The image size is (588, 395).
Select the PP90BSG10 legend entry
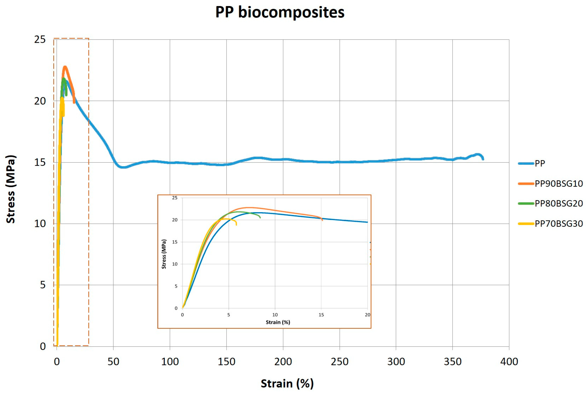tap(558, 183)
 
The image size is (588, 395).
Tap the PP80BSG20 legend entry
tap(558, 203)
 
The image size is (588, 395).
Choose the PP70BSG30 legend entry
tap(558, 223)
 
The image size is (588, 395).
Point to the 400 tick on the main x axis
tap(509, 362)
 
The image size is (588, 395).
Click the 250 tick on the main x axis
tap(339, 362)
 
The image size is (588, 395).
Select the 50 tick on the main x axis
tap(113, 362)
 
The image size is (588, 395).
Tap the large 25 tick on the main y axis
tap(40, 40)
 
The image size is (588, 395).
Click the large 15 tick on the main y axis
tap(40, 162)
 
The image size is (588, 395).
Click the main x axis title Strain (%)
tap(287, 383)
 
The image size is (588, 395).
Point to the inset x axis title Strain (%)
tap(278, 322)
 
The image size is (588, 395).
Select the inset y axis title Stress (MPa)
tap(164, 254)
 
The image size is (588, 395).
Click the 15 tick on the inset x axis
tap(321, 315)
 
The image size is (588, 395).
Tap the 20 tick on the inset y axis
tap(175, 220)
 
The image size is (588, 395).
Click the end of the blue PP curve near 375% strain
tap(483, 159)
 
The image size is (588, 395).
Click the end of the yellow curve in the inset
tap(236, 225)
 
